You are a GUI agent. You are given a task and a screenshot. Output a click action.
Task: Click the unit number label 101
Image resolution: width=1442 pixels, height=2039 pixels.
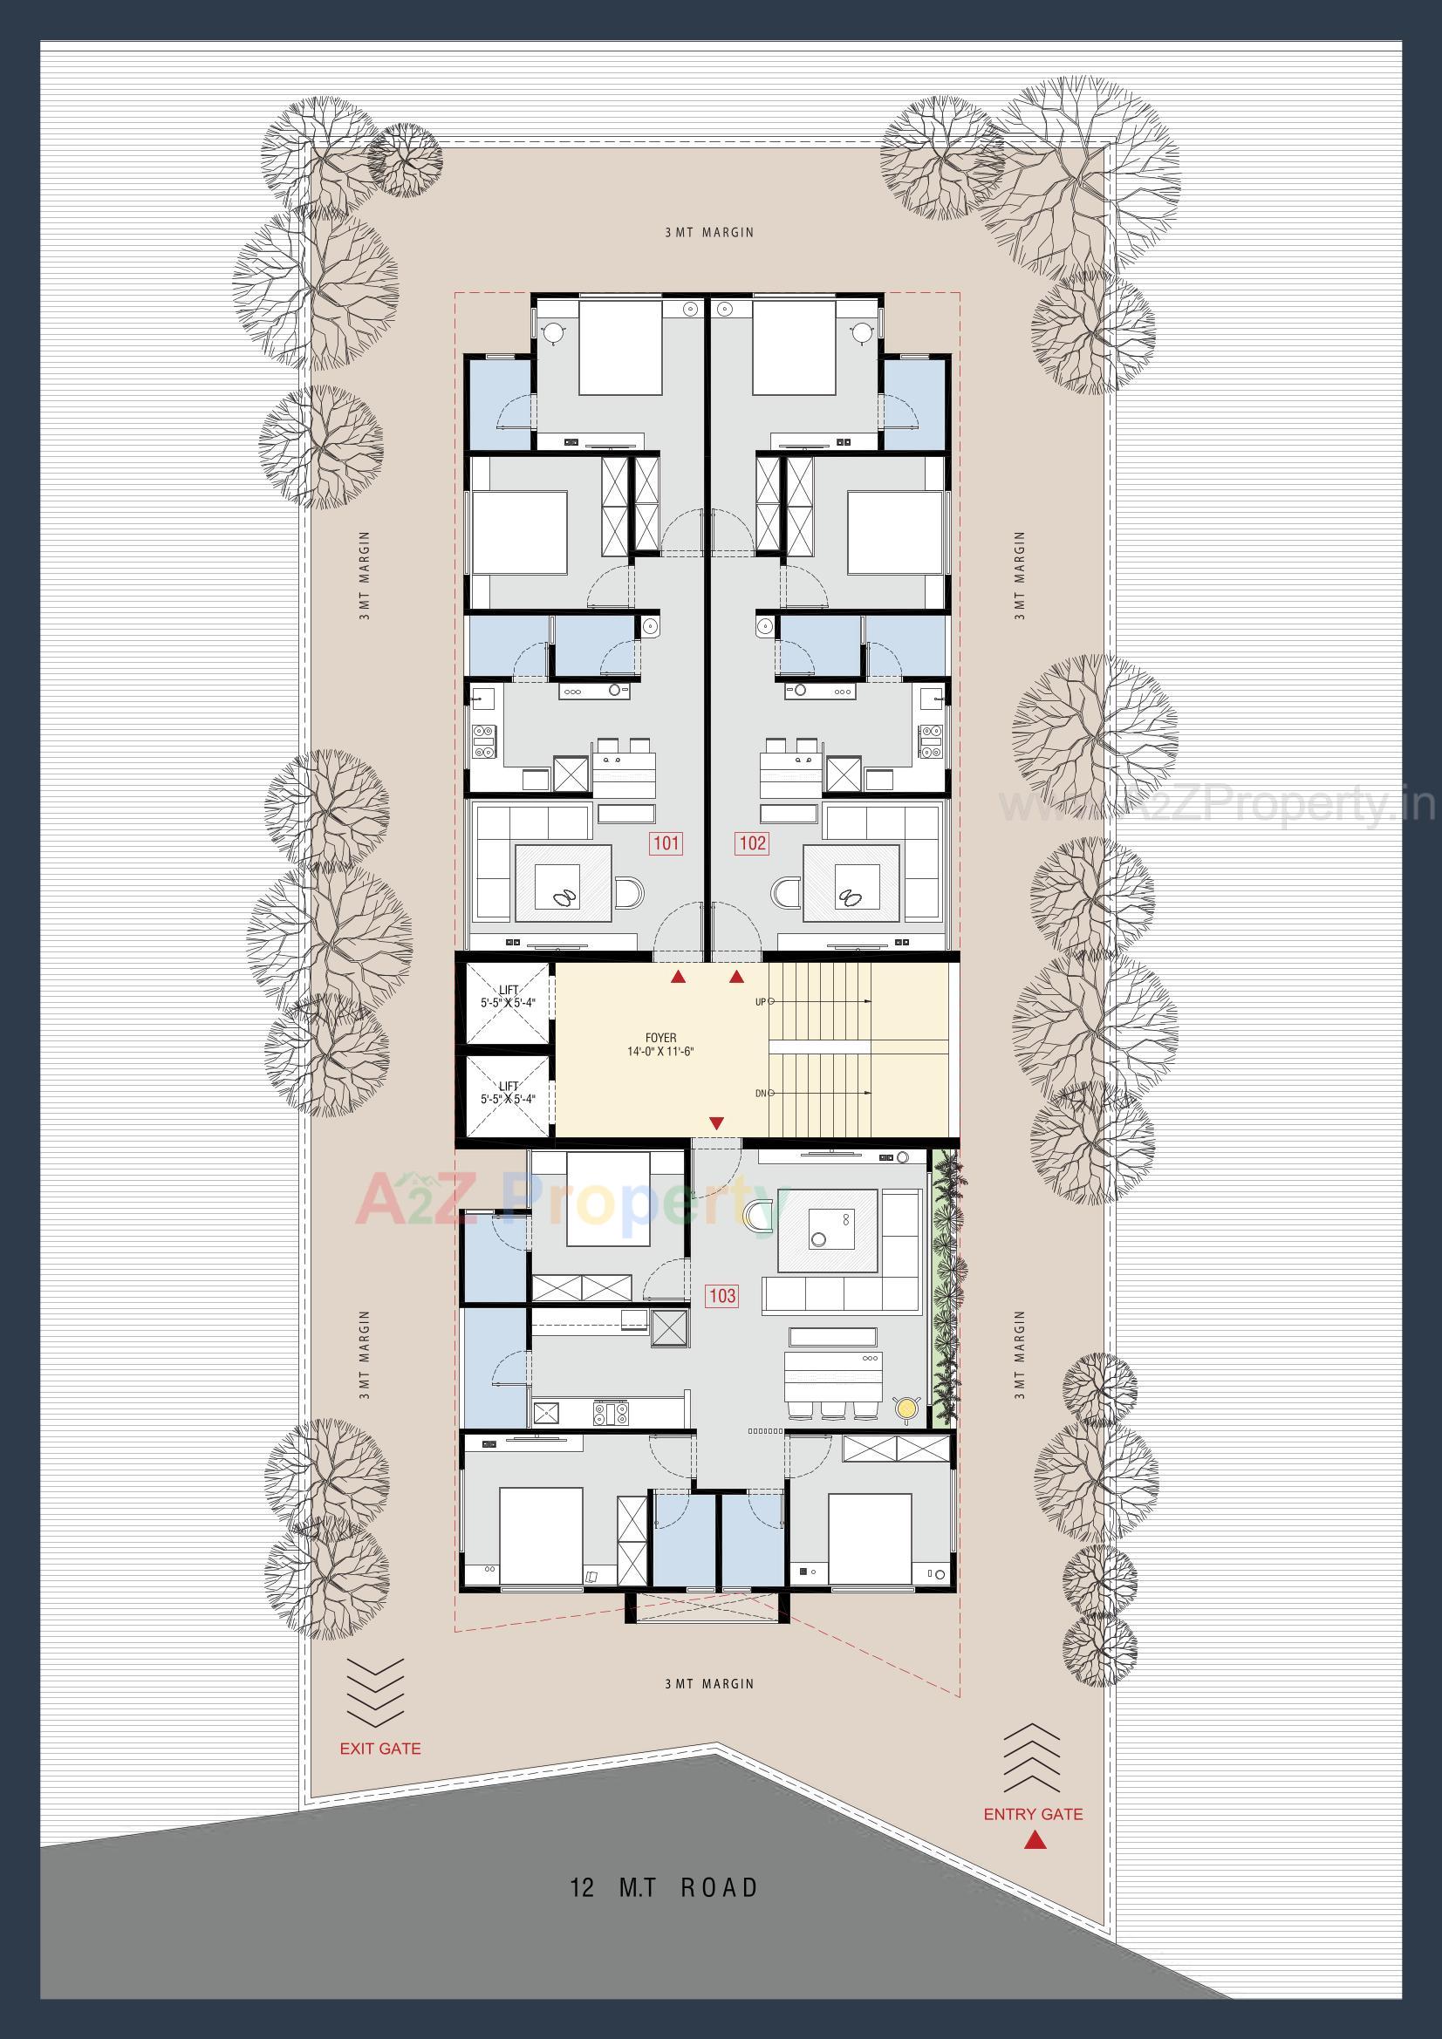666,842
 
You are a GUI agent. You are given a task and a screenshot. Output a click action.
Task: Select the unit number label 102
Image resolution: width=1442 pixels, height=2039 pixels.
752,842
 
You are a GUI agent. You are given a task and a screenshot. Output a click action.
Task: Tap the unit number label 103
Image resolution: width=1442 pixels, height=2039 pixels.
721,1296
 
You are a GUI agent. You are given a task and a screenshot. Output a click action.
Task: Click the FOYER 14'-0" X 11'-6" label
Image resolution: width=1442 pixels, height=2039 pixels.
660,1045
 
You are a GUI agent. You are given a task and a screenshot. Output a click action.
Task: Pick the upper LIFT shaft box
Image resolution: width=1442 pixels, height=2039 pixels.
508,1003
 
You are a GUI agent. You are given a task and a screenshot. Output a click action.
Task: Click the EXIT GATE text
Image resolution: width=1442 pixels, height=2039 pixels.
380,1749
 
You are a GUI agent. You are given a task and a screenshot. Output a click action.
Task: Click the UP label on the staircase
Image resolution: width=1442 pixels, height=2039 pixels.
761,1002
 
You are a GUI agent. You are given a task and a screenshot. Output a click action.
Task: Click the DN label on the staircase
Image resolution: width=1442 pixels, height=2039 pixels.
761,1094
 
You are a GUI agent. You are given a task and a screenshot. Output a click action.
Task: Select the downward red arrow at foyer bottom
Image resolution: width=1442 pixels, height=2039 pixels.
716,1123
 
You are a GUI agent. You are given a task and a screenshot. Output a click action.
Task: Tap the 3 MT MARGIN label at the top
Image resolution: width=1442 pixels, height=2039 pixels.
709,233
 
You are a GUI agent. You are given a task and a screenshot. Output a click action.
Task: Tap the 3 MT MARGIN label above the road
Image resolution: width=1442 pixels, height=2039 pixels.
709,1684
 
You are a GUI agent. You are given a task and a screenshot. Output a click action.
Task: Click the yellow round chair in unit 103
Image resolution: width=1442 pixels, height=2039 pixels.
906,1407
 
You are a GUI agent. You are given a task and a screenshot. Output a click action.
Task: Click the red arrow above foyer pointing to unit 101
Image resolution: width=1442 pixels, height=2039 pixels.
678,978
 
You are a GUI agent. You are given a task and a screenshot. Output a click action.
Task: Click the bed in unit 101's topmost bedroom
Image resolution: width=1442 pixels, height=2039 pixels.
620,348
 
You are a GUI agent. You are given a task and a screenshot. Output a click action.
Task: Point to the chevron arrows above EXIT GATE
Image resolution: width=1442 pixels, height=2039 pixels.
375,1693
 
